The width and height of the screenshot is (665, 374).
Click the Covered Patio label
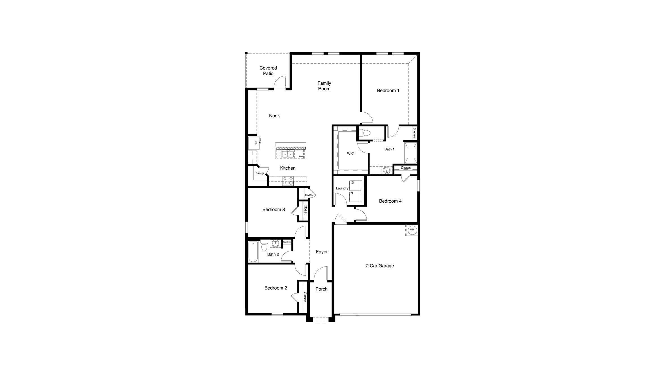pos(268,71)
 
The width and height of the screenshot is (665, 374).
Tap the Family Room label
pos(324,86)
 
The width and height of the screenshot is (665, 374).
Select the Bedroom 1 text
pos(388,91)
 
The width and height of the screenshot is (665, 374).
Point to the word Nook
pos(274,116)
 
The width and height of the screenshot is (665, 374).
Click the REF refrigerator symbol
pos(254,143)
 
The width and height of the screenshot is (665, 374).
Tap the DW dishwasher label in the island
pos(301,156)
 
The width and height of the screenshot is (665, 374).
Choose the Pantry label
pos(259,173)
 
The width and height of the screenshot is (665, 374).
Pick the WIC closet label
pos(350,154)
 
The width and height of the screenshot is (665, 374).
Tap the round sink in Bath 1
pos(387,170)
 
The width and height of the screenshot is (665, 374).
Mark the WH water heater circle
pos(412,230)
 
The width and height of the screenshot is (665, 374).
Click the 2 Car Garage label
pos(380,266)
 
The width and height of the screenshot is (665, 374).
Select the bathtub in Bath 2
pos(253,252)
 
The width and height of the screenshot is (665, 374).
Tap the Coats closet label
pos(309,195)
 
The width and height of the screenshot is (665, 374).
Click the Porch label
pos(321,289)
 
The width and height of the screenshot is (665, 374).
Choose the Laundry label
pos(342,188)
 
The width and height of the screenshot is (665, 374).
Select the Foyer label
pos(322,252)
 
